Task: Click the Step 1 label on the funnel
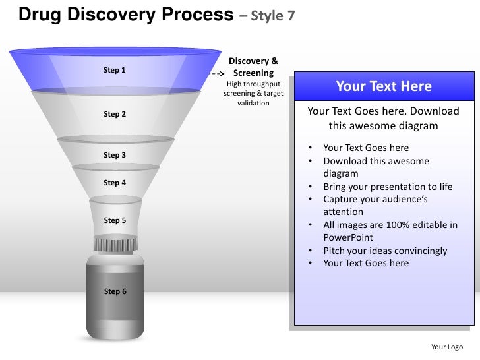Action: pyautogui.click(x=115, y=70)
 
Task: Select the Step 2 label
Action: pyautogui.click(x=115, y=114)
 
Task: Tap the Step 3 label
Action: pyautogui.click(x=115, y=155)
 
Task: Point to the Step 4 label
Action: pyautogui.click(x=115, y=183)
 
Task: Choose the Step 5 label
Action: pyautogui.click(x=115, y=220)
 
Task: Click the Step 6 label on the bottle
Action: pyautogui.click(x=115, y=291)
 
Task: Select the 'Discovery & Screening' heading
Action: pyautogui.click(x=253, y=67)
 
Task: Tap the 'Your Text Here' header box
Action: pyautogui.click(x=384, y=86)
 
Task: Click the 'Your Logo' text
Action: pyautogui.click(x=446, y=347)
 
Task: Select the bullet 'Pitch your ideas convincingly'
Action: pyautogui.click(x=385, y=251)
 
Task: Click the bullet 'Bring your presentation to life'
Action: pyautogui.click(x=388, y=187)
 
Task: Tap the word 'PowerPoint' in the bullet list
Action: pyautogui.click(x=349, y=237)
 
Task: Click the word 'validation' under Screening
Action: pyautogui.click(x=253, y=103)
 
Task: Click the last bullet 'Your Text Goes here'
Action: pyautogui.click(x=366, y=263)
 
